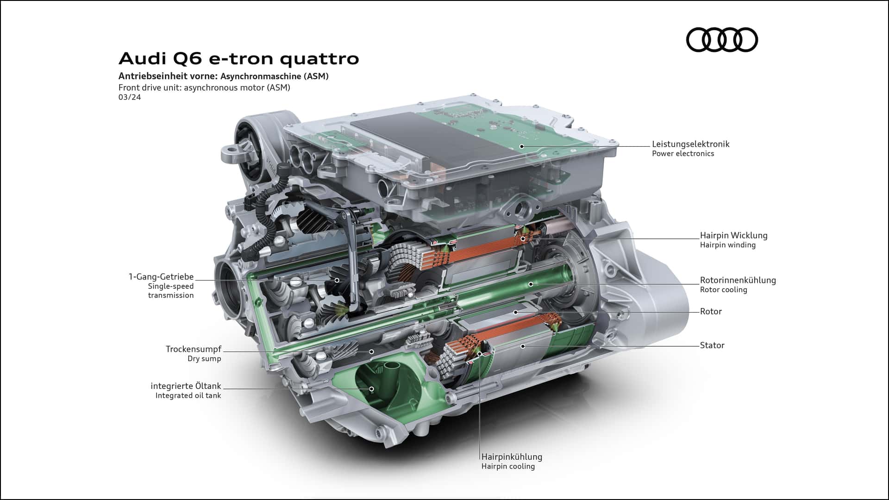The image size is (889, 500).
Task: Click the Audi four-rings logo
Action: (722, 39)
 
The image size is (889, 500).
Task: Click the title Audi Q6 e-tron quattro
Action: (239, 59)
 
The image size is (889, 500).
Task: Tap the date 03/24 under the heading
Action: (130, 97)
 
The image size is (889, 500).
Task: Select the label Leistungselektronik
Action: (690, 144)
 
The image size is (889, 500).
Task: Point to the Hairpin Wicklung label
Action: (733, 236)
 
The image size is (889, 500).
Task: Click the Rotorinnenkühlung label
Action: (738, 280)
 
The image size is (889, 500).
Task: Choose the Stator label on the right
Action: (712, 345)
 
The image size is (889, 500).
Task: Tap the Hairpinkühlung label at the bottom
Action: (512, 457)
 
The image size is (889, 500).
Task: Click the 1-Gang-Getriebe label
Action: (161, 277)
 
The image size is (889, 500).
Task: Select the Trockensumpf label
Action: (194, 349)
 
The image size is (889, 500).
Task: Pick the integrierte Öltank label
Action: (186, 386)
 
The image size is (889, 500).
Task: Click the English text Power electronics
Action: (683, 154)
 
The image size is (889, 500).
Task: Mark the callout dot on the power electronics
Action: (522, 146)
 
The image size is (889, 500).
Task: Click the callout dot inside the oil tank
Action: (371, 389)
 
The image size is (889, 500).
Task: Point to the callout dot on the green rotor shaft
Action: (531, 284)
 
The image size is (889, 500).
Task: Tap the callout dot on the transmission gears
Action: (337, 280)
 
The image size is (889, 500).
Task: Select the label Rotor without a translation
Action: (711, 312)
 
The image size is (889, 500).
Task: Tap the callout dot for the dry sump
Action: (371, 352)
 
